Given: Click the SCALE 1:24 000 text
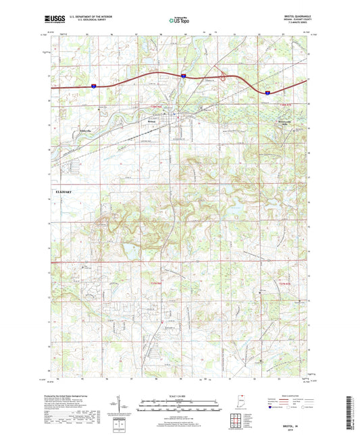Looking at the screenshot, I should [x=179, y=395].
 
